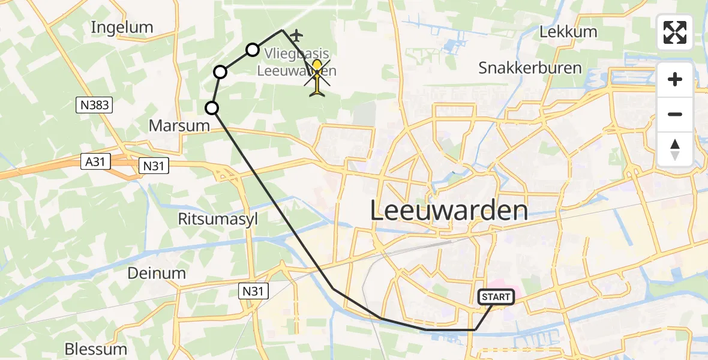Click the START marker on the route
(496, 296)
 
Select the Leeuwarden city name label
(449, 211)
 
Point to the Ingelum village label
(122, 27)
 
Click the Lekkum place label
(568, 32)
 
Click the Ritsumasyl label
(218, 219)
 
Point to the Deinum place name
(157, 273)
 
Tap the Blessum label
(96, 349)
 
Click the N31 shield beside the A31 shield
(154, 166)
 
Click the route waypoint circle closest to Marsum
(212, 108)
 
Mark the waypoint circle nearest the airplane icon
(253, 49)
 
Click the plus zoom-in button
(675, 79)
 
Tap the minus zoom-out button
(675, 114)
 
